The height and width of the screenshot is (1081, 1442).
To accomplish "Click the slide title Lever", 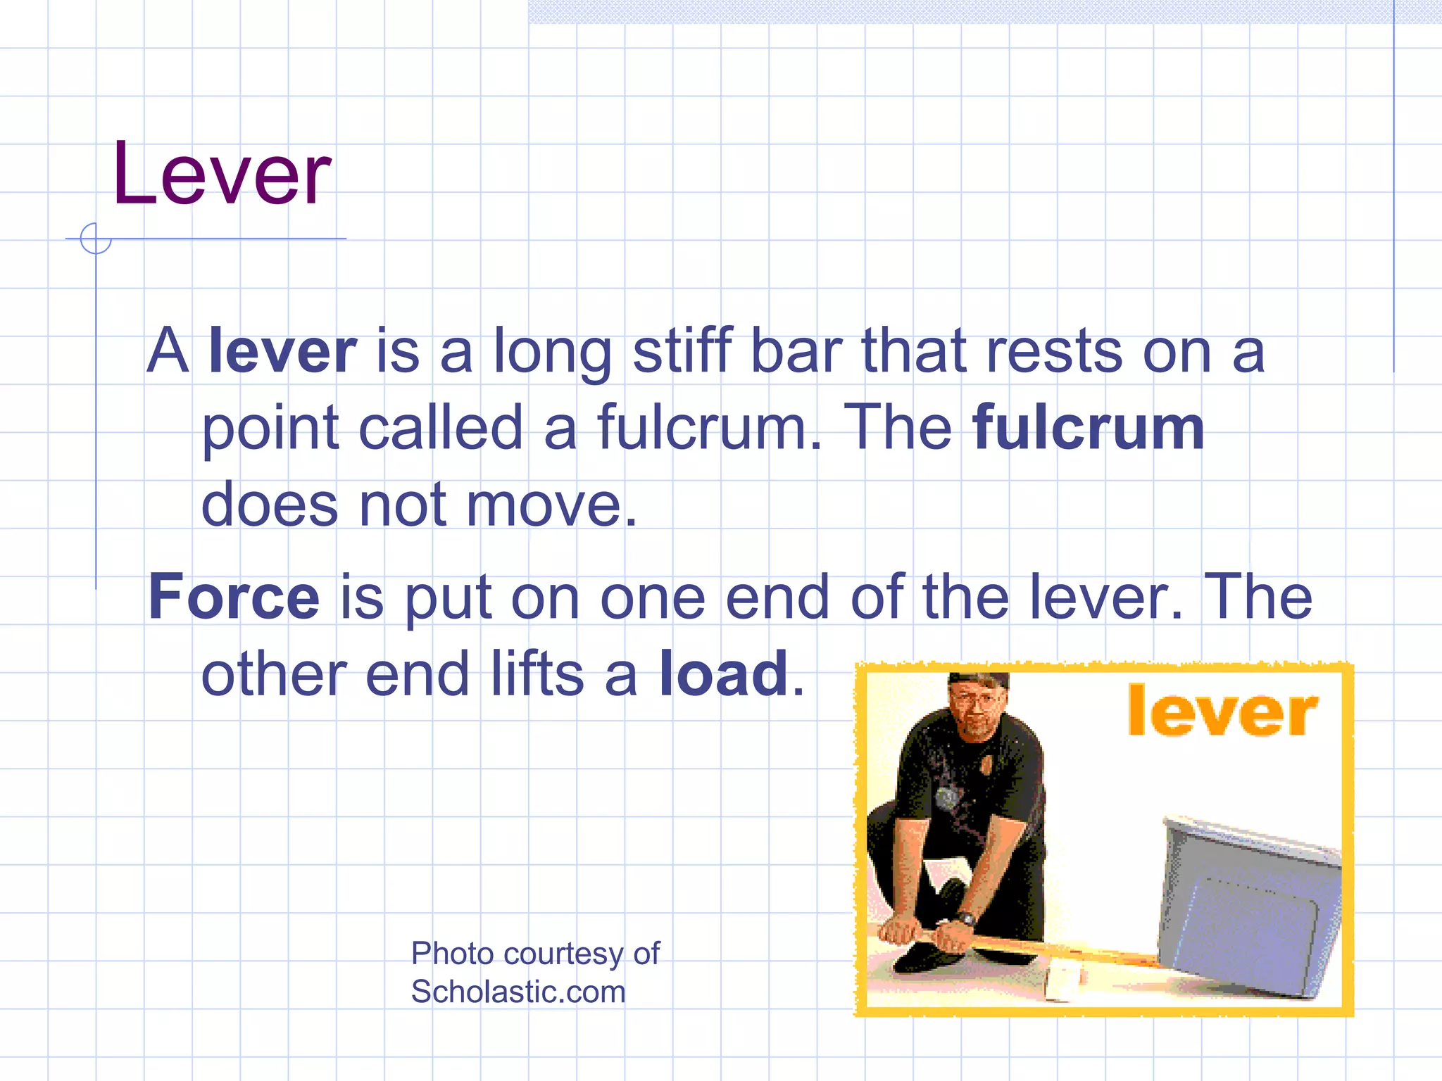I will click(221, 174).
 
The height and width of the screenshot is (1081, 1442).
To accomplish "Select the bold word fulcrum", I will click(1088, 428).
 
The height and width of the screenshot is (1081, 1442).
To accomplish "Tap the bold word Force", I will click(234, 597).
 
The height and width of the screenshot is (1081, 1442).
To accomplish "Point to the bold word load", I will click(724, 674).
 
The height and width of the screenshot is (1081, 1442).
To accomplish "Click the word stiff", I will click(682, 350).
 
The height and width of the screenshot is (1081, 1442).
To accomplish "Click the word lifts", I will click(537, 674).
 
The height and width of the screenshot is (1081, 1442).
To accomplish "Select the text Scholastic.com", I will click(518, 992).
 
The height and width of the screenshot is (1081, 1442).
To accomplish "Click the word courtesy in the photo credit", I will click(563, 954).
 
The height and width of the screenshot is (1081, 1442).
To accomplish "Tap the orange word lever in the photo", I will click(1222, 712).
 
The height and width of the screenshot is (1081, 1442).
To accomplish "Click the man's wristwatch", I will click(966, 918).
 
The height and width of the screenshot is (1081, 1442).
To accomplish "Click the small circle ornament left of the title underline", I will click(96, 239).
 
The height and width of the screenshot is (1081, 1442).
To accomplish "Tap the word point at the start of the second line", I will click(271, 429).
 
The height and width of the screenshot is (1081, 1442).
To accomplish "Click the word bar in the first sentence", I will click(796, 350).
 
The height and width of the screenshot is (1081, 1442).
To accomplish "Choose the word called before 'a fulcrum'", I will click(441, 428).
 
